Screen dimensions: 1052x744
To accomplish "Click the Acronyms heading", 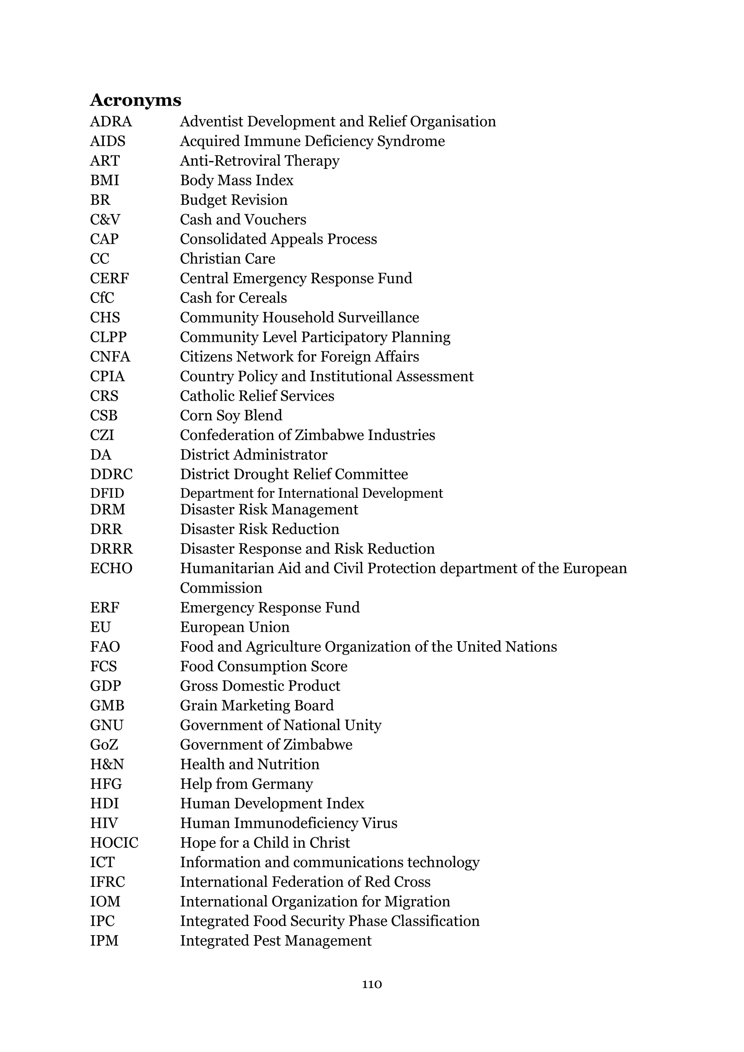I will tap(136, 100).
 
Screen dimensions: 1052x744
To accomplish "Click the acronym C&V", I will tap(105, 219).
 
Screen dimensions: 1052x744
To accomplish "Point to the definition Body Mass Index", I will tap(236, 181).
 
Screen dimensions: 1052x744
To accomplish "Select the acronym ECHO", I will tap(111, 568).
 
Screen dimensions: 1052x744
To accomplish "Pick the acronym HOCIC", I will tap(114, 843).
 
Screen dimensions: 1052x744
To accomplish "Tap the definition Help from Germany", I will tap(246, 784).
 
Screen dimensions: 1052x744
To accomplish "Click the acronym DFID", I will tap(107, 493).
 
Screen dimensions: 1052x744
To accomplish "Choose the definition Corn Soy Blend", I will tap(231, 416).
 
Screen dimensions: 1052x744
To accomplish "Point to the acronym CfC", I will tap(102, 298).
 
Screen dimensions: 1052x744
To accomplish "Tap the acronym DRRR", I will tap(111, 549).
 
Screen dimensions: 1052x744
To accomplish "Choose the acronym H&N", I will tap(107, 764).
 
